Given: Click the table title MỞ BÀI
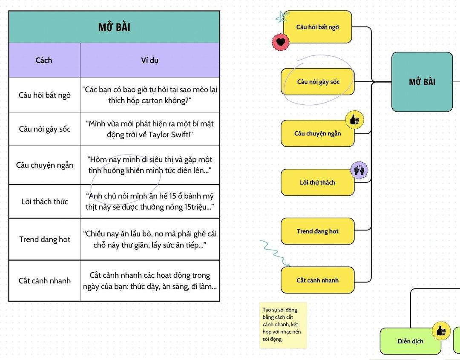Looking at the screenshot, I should (x=114, y=27).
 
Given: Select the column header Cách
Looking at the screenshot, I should (x=44, y=60).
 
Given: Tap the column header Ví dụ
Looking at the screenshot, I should (x=149, y=60).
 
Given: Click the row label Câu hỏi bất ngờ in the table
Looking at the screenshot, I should (x=44, y=95).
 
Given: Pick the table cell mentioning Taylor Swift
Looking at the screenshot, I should (x=150, y=129).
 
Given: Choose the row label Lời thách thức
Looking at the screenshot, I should (x=44, y=202).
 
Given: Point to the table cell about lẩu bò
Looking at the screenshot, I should (x=150, y=239).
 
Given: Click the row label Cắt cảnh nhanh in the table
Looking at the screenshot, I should (x=44, y=281).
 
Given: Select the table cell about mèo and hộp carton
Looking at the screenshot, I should (x=150, y=95).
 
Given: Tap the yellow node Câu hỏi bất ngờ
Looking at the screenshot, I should (x=318, y=27).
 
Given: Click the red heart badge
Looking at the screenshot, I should (x=280, y=42).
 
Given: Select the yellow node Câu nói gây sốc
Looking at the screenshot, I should (x=318, y=81).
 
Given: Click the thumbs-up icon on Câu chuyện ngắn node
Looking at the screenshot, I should (x=354, y=120).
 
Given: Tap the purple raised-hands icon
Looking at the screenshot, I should (x=359, y=170).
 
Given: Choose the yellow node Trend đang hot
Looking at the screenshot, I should (x=318, y=231).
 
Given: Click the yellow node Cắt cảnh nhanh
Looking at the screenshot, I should (x=318, y=280).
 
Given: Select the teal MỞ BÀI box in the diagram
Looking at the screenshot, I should (x=422, y=82).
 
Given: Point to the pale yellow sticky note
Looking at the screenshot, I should (x=283, y=325).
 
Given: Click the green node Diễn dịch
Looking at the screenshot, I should (x=410, y=341).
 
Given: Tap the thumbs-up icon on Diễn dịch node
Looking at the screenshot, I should (x=441, y=331).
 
